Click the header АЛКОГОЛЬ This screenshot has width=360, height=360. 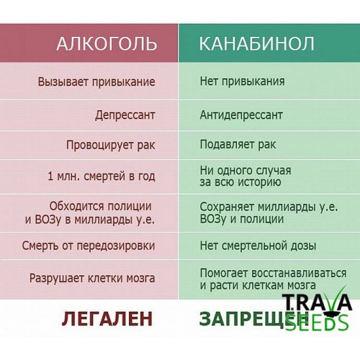107,44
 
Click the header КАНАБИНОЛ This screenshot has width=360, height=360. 256,44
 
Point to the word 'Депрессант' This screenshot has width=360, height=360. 125,115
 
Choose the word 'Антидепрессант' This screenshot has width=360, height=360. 241,115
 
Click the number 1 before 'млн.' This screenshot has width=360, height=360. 50,176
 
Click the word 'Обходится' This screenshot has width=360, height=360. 77,207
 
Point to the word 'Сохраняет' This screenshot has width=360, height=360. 227,207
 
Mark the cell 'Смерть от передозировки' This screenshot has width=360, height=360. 89,246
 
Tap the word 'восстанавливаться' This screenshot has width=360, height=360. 299,273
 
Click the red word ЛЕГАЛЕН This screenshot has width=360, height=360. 107,319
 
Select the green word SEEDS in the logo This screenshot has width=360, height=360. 318,323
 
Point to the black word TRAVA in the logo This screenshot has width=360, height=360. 317,303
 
